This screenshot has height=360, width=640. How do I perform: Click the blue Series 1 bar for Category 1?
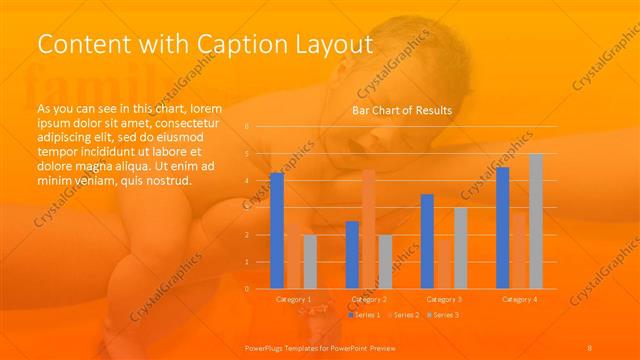coord(277,231)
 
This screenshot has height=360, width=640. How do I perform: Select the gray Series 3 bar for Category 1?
coord(310,262)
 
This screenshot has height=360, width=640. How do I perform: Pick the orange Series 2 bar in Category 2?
coord(368,229)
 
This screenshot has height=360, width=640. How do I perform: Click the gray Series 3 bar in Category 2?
coord(385,262)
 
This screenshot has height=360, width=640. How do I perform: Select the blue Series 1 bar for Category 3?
coord(427,241)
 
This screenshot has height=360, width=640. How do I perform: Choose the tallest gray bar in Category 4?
coord(536,221)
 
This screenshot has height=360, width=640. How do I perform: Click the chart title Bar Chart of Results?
coord(401,110)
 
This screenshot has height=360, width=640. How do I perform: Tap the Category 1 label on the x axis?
coord(293,299)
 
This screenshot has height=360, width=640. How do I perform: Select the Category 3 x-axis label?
coord(444,299)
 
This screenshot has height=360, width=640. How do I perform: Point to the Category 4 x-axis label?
coord(519,299)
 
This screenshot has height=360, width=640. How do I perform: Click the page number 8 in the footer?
coord(590,346)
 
